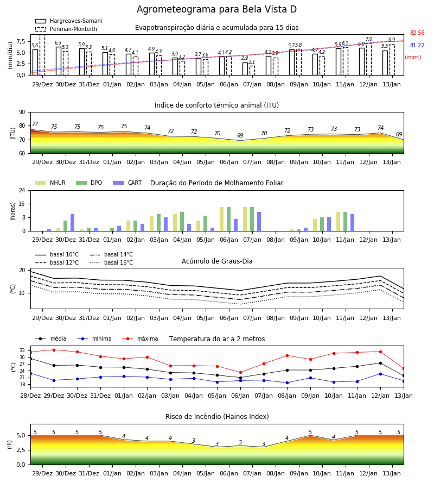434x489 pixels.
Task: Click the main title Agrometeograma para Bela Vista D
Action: tap(216, 9)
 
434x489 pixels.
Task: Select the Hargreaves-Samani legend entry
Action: tap(69, 21)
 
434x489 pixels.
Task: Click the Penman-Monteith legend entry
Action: tap(66, 29)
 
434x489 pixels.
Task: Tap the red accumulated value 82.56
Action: tap(417, 33)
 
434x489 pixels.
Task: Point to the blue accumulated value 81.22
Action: tap(417, 45)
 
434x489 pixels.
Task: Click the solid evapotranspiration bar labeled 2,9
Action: tap(245, 69)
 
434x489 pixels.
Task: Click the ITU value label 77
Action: tap(35, 124)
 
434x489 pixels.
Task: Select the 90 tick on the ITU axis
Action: tap(22, 112)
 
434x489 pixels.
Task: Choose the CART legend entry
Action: tap(127, 183)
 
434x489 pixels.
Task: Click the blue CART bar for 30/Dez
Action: tap(73, 223)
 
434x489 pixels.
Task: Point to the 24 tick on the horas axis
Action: tap(22, 191)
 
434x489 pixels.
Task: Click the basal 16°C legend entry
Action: tap(111, 262)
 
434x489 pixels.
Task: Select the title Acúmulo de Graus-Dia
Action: tap(217, 261)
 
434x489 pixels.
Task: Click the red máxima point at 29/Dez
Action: tap(54, 350)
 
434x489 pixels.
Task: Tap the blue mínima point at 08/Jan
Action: tap(288, 383)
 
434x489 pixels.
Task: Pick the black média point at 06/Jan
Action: tap(241, 378)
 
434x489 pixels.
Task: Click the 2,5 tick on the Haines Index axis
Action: tap(21, 450)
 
